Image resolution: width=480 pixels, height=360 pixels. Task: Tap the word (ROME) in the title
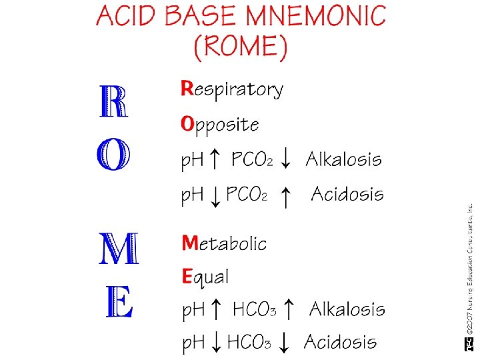coord(241,47)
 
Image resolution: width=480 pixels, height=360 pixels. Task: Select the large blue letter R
coord(113,101)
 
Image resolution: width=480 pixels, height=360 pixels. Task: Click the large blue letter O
coord(113,156)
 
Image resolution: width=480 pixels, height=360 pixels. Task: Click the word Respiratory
coord(232,89)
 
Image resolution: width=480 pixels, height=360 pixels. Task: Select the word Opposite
coord(220,125)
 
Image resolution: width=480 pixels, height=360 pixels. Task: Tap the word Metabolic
coord(224,243)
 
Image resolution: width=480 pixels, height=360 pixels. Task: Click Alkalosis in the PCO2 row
coord(344,159)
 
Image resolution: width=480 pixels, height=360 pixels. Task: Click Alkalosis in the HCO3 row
coord(347,309)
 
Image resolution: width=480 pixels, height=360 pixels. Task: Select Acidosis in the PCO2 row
coord(347,195)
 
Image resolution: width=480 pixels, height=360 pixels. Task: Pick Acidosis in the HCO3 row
coord(340,343)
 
